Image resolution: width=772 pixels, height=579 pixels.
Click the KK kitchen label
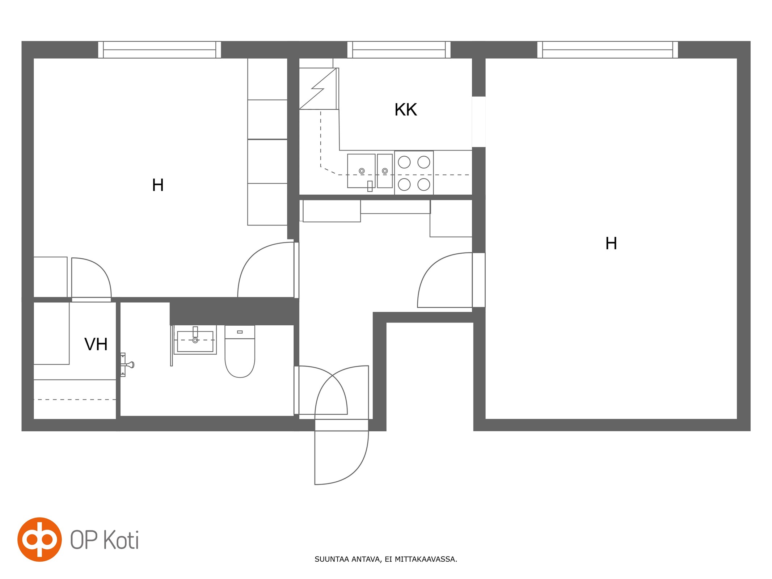click(x=405, y=109)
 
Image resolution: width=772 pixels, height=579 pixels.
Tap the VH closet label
click(x=96, y=344)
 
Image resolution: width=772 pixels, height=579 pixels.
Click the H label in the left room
click(x=158, y=185)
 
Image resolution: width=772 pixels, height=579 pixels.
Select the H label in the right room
click(x=611, y=244)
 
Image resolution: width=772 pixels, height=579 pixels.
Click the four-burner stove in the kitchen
click(x=414, y=173)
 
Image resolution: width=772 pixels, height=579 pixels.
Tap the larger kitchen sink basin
click(x=361, y=171)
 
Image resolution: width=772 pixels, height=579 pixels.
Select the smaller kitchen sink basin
click(x=385, y=171)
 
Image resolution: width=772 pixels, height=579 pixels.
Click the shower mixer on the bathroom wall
click(x=127, y=364)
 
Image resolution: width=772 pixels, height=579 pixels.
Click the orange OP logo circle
click(x=40, y=539)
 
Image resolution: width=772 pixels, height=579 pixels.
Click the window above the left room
click(x=160, y=50)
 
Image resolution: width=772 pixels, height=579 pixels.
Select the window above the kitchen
click(x=399, y=50)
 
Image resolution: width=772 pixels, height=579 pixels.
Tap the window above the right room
click(x=608, y=50)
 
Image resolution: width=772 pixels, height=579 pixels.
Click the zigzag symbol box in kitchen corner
click(x=318, y=89)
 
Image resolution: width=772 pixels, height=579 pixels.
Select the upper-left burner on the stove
click(x=404, y=162)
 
